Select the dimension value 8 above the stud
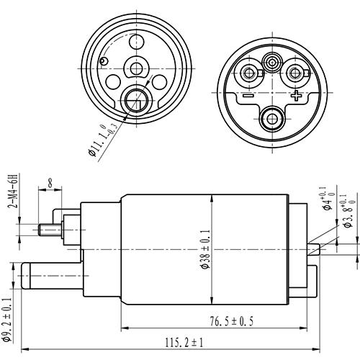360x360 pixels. [50, 184]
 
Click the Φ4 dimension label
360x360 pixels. [328, 201]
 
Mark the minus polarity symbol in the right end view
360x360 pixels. [247, 95]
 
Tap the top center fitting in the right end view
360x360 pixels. [272, 63]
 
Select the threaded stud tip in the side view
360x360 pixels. [43, 230]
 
